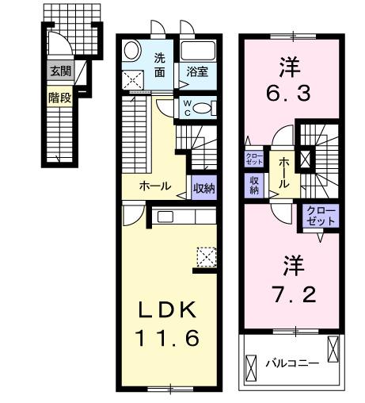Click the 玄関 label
click(x=59, y=70)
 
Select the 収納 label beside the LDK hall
click(x=202, y=187)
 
